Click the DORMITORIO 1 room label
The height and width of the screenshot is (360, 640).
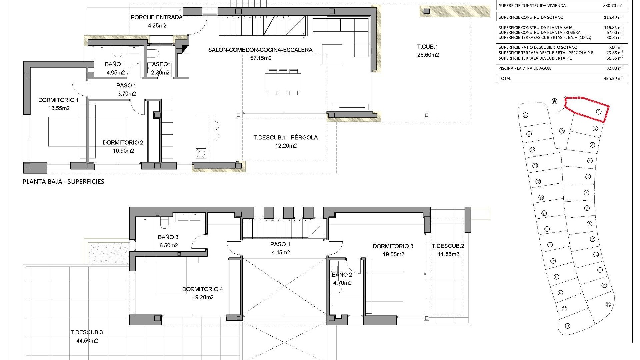tap(58, 100)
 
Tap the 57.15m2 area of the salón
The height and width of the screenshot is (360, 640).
tap(261, 58)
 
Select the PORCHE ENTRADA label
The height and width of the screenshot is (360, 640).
tap(157, 17)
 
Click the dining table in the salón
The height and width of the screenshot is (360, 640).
tap(283, 82)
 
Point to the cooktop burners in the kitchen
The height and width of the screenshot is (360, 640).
tap(201, 153)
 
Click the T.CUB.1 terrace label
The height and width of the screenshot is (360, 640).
tap(428, 47)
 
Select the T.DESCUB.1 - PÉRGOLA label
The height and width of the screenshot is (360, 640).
tap(285, 137)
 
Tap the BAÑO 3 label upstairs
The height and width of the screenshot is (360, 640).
tap(168, 237)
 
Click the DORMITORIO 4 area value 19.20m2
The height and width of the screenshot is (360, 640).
tap(203, 297)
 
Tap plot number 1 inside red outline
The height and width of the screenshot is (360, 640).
tap(598, 112)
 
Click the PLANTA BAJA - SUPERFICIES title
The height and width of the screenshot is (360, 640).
tap(63, 182)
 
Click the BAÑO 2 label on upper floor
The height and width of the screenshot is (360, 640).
tap(342, 275)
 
